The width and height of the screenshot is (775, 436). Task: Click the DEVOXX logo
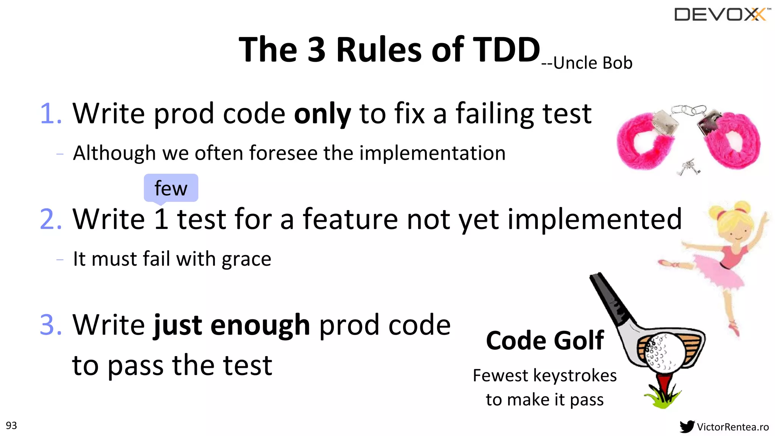click(721, 15)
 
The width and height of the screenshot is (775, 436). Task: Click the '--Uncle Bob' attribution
click(587, 63)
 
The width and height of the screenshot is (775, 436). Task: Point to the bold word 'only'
click(322, 114)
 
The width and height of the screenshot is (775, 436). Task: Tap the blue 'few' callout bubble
click(171, 188)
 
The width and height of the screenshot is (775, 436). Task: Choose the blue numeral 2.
click(50, 219)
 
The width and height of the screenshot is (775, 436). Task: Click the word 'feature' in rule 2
click(350, 219)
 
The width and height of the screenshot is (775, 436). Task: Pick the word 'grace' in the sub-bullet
click(246, 260)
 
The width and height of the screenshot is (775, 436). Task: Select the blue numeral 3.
click(50, 325)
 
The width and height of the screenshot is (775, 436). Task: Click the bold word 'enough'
click(260, 325)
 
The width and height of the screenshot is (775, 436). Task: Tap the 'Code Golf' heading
click(545, 341)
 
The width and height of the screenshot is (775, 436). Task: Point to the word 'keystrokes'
click(575, 376)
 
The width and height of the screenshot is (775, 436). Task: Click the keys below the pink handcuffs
click(689, 168)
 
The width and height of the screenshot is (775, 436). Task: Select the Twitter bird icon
click(687, 427)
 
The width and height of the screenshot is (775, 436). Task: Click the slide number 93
click(11, 425)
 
